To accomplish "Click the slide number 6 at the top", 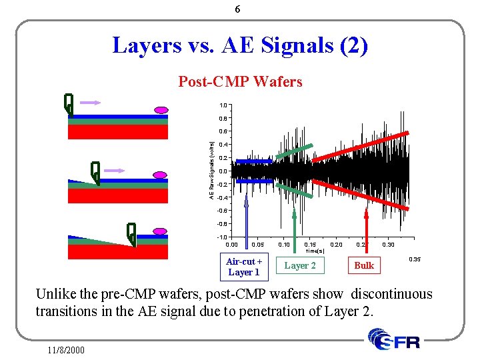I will (x=238, y=10).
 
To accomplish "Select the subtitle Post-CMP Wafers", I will (x=240, y=82).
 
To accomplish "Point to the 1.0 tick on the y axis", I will (x=223, y=105).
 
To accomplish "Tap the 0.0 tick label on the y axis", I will (x=223, y=171).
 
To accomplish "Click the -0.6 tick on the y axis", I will (x=223, y=211).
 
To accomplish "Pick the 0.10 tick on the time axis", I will (x=283, y=244).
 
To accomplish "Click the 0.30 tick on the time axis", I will (x=388, y=244).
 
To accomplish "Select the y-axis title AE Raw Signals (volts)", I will (x=211, y=171).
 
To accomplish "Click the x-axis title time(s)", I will (x=315, y=251).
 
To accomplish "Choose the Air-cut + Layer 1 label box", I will (x=243, y=267).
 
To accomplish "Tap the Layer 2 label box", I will (x=300, y=265).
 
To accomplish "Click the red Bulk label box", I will (x=364, y=265).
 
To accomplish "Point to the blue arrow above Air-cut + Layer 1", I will (x=246, y=220).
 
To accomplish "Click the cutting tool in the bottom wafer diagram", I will (x=131, y=233).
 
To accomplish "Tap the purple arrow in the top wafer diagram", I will (x=89, y=103).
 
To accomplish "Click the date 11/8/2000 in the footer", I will (x=66, y=349).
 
